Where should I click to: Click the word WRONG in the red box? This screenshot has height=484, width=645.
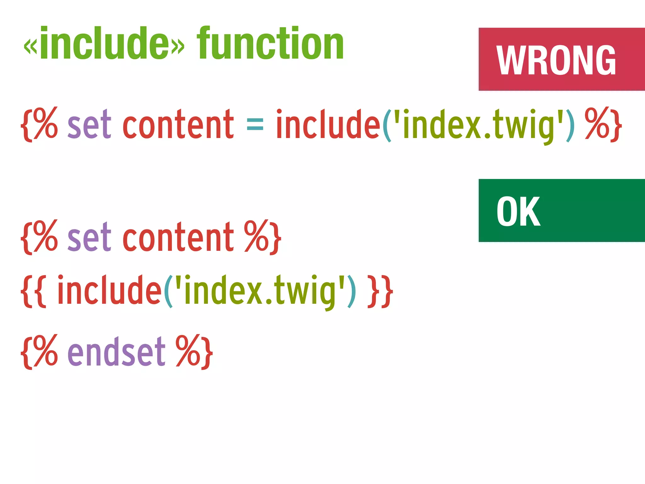coord(556,60)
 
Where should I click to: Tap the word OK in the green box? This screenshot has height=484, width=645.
coord(518,211)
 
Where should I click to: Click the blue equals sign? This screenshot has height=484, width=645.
coord(255,124)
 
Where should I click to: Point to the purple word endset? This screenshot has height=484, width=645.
coord(116,351)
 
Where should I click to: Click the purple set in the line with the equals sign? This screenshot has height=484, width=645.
coord(89,124)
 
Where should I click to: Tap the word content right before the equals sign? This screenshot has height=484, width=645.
coord(178,124)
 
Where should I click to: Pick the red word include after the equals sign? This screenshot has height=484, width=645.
coord(328,124)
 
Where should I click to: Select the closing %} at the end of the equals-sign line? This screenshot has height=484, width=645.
coord(603,124)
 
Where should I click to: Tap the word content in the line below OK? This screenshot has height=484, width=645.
coord(178,237)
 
